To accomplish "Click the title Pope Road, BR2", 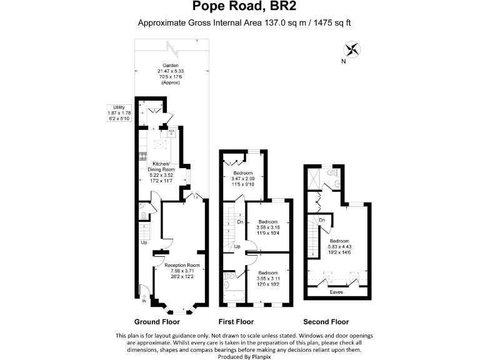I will pyautogui.click(x=240, y=7).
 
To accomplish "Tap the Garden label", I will pyautogui.click(x=171, y=66).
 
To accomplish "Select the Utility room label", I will pyautogui.click(x=119, y=107).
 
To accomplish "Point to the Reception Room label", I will pyautogui.click(x=182, y=266).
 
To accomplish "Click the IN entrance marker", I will pyautogui.click(x=144, y=301).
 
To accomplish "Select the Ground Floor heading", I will pyautogui.click(x=157, y=322).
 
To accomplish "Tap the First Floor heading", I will pyautogui.click(x=236, y=322).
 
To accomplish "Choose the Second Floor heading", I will pyautogui.click(x=326, y=322).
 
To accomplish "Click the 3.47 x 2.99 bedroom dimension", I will pyautogui.click(x=243, y=179).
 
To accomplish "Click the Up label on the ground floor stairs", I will pyautogui.click(x=144, y=242).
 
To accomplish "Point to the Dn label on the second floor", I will pyautogui.click(x=322, y=220).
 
